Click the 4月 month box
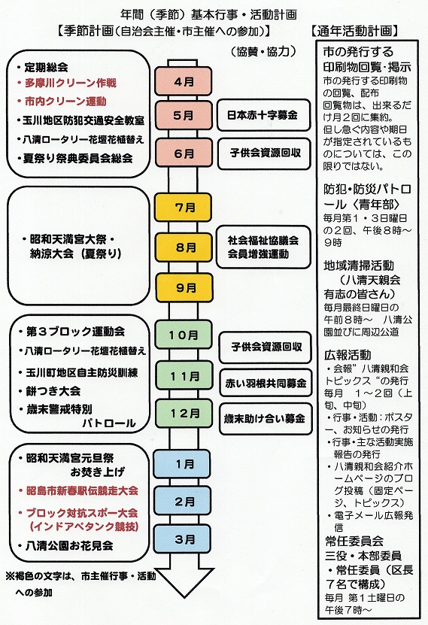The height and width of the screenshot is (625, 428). (184, 81)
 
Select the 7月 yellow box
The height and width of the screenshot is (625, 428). (184, 208)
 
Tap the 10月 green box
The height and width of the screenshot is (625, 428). (184, 335)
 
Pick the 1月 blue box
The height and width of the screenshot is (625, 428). (182, 464)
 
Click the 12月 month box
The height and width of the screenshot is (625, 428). (184, 414)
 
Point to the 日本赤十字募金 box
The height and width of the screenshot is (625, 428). (263, 115)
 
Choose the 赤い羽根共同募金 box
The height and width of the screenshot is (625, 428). (266, 383)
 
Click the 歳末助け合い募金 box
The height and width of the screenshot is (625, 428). (266, 418)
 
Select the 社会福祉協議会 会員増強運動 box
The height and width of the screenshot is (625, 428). (263, 247)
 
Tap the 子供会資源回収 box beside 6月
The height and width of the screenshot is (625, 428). (264, 153)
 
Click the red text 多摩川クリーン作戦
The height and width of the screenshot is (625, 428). (71, 83)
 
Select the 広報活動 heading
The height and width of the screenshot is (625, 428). (348, 354)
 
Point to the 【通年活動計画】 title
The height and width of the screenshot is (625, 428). (354, 31)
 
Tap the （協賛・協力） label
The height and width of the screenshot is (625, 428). (263, 51)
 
